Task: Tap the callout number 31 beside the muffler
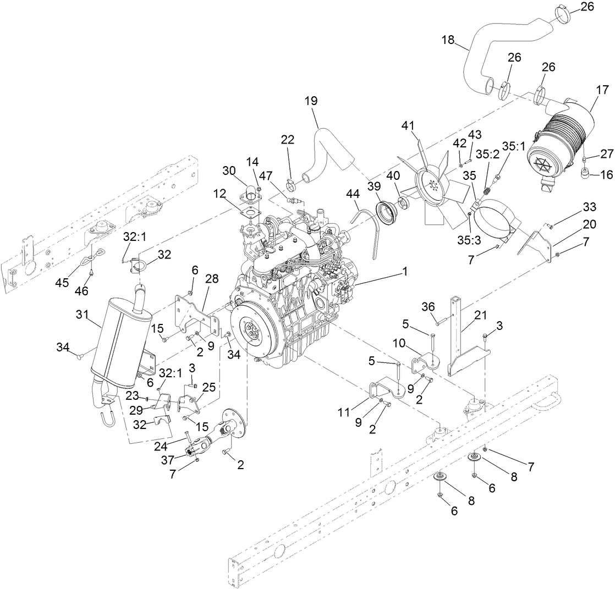82,315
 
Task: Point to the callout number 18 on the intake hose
448,40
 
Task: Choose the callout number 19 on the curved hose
311,102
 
